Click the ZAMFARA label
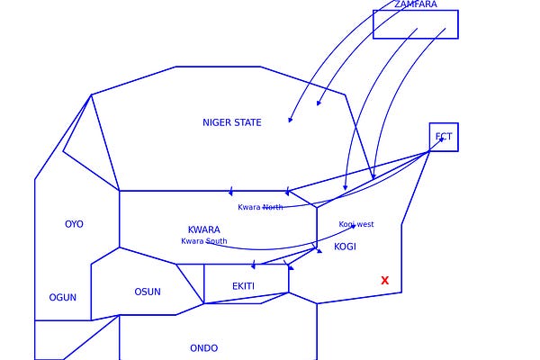(x=415, y=4)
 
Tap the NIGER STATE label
(x=232, y=122)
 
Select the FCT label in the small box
(x=444, y=138)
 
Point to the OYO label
(x=74, y=224)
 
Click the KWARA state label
(x=203, y=229)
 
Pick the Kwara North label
(x=260, y=207)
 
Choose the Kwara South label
(x=203, y=241)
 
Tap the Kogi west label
(x=356, y=224)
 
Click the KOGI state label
(x=345, y=247)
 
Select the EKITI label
(x=243, y=286)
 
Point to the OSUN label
(x=148, y=292)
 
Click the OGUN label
(x=62, y=297)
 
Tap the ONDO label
(x=203, y=348)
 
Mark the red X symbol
(x=385, y=281)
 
